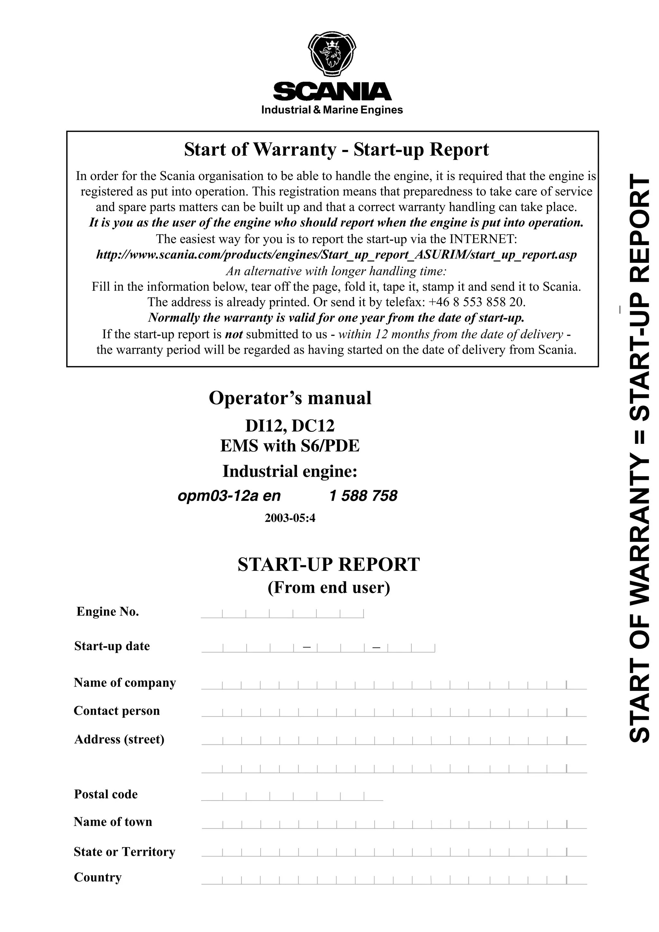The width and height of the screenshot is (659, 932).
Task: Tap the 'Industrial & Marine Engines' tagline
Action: [332, 110]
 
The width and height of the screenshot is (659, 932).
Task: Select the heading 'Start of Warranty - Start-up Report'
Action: [336, 149]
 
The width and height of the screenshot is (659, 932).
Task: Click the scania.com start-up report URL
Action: [336, 255]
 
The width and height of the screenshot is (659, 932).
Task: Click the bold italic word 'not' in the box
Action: [234, 334]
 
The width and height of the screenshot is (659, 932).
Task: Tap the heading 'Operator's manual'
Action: [290, 398]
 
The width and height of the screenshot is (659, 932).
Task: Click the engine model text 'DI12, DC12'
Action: [290, 426]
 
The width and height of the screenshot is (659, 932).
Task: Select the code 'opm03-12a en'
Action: [229, 496]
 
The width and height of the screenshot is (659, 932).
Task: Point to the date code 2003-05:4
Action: [290, 518]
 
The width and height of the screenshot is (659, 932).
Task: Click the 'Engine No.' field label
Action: [107, 612]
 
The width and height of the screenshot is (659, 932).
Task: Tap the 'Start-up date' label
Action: [112, 646]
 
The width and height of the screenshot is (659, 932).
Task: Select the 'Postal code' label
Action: [106, 794]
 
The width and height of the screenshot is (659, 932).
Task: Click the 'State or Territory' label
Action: [125, 852]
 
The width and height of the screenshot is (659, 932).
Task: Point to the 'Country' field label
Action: [98, 877]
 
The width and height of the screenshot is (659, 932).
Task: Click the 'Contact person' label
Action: [117, 711]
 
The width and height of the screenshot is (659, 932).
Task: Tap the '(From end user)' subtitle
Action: [329, 587]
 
